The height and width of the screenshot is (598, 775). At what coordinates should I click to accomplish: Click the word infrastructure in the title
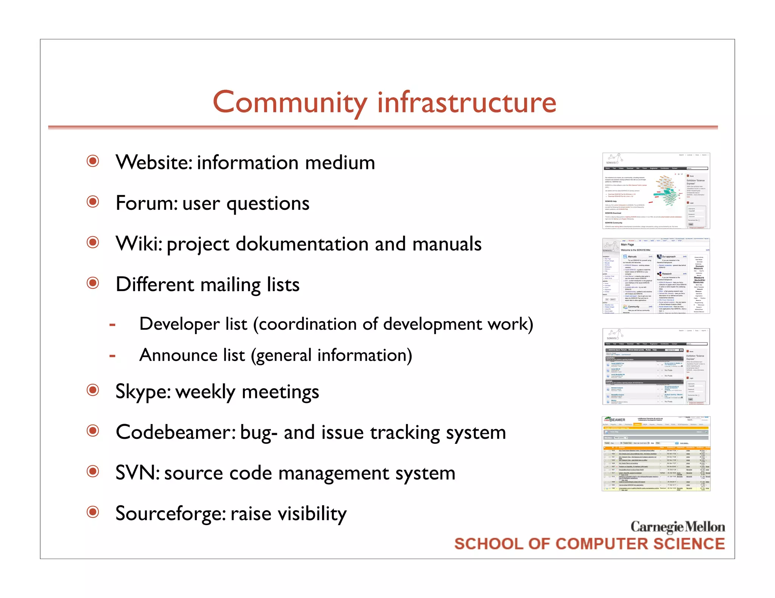(467, 103)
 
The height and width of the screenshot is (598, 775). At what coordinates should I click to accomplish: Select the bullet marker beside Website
(93, 161)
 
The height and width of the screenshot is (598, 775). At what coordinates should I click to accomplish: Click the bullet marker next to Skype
(93, 390)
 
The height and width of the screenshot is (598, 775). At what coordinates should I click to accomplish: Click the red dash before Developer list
(112, 325)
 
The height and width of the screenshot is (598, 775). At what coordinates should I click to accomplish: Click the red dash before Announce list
(112, 356)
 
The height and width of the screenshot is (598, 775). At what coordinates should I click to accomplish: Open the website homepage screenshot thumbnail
(656, 191)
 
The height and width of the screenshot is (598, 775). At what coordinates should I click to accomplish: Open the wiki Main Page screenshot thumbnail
(656, 276)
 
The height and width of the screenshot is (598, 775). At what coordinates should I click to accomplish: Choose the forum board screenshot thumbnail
(656, 367)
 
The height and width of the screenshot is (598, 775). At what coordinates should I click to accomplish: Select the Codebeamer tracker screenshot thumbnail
(656, 454)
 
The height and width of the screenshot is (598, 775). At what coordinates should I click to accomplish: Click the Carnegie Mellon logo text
(677, 527)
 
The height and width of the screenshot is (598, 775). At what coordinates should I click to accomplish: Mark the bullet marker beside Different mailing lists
(93, 283)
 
